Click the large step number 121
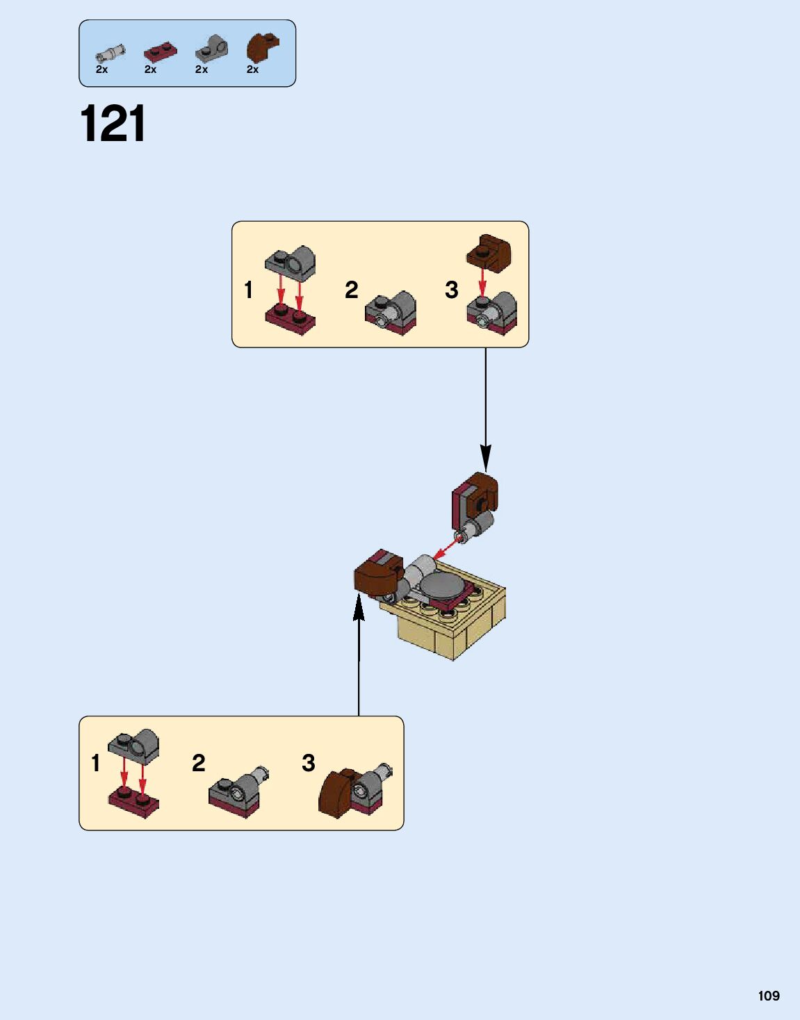click(113, 124)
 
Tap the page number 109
click(769, 996)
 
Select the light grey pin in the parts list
click(111, 53)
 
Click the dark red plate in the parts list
click(160, 52)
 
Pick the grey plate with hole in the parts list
click(211, 49)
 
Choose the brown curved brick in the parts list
click(261, 47)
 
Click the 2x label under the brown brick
click(252, 69)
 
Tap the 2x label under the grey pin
click(101, 69)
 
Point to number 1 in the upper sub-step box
click(248, 290)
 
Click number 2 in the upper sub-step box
click(352, 290)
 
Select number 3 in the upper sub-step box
click(452, 290)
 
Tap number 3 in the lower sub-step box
click(309, 763)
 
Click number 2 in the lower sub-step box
click(199, 763)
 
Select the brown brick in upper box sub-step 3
click(489, 252)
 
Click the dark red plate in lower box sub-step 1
click(133, 803)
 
